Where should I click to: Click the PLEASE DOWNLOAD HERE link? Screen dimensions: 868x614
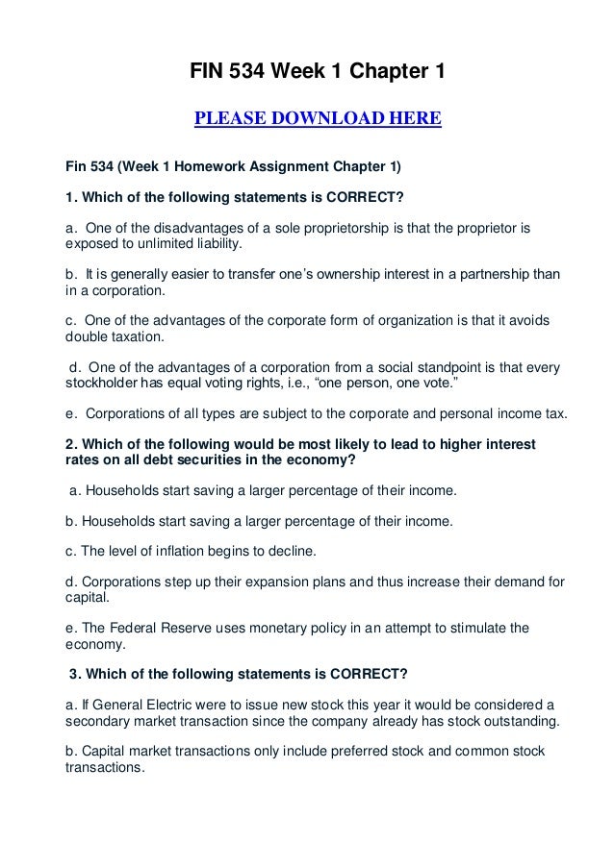pyautogui.click(x=318, y=119)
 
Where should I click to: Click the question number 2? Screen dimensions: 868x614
pyautogui.click(x=70, y=446)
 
